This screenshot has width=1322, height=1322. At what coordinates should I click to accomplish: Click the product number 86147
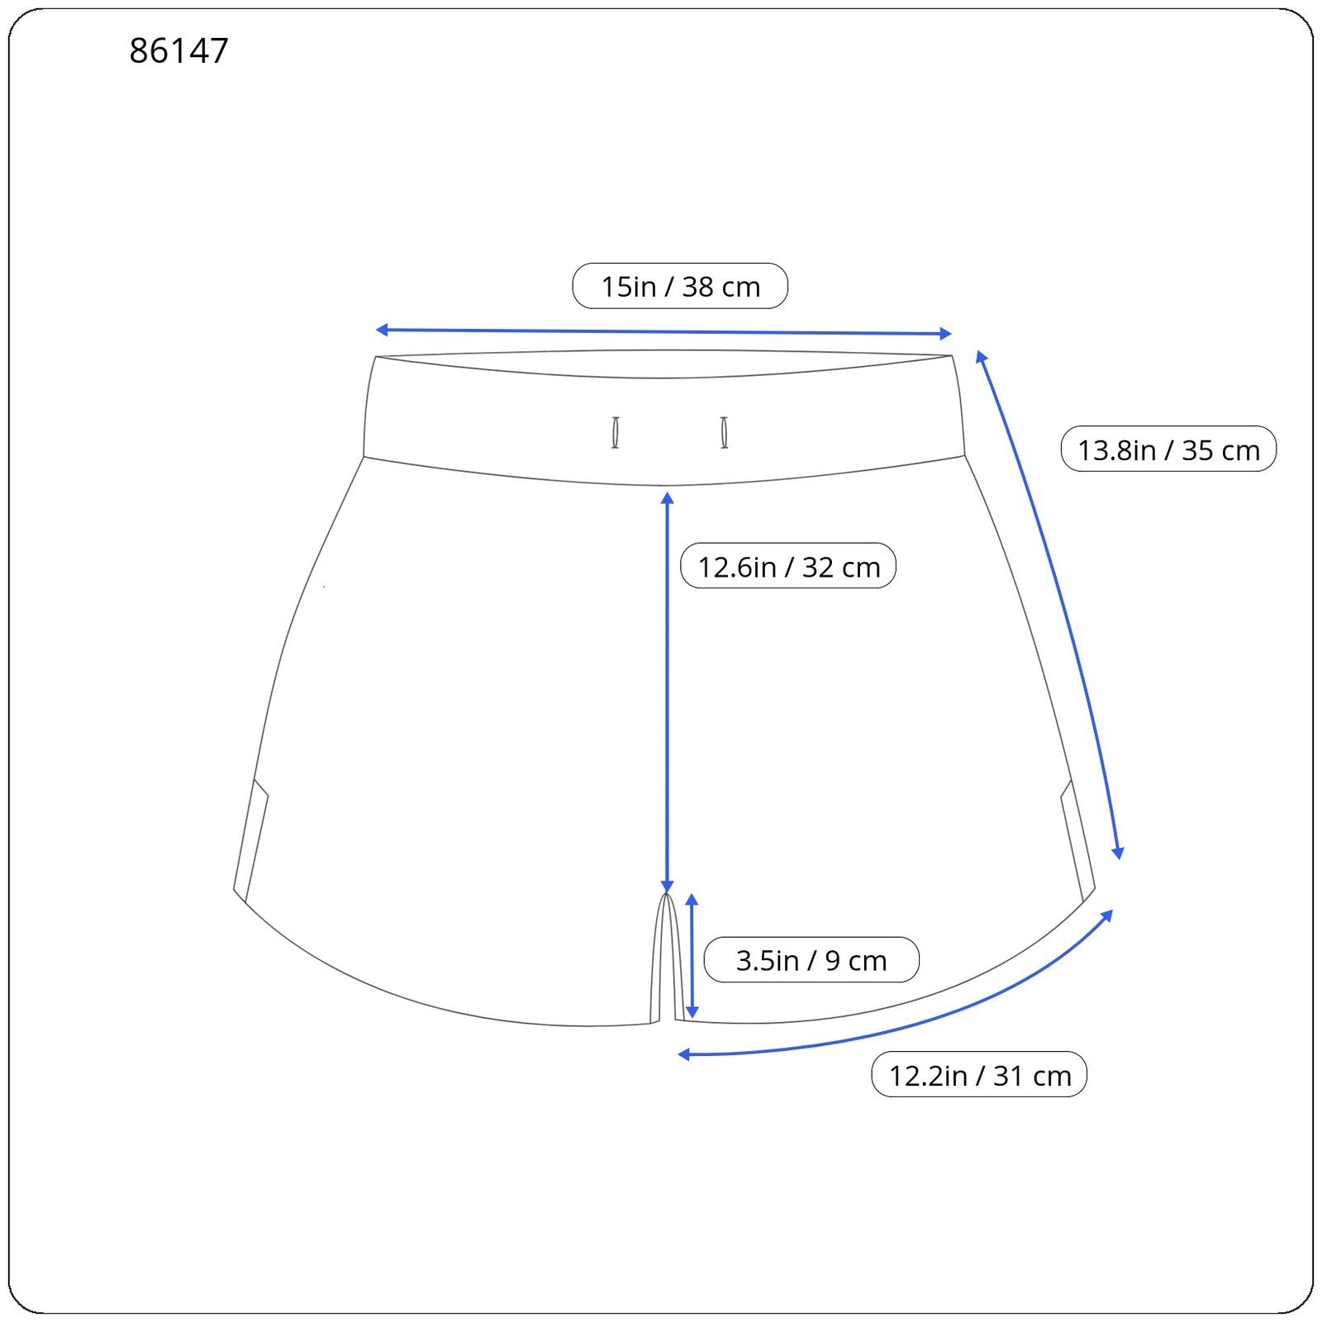178,51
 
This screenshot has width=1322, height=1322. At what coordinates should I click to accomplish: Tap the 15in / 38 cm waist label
680,287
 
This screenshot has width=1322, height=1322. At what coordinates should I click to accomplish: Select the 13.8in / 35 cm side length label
1168,449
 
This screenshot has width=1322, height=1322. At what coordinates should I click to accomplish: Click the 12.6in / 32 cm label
788,566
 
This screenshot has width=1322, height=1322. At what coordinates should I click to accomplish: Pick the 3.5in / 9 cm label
811,960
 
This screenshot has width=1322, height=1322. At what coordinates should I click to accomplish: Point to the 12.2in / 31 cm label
979,1075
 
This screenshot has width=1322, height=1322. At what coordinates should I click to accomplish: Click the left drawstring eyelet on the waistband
616,433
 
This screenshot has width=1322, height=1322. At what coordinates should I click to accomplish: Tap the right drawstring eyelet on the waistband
725,433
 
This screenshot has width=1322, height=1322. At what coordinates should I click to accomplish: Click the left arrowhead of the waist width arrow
382,330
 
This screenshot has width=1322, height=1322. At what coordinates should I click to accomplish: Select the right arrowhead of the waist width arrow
946,334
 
